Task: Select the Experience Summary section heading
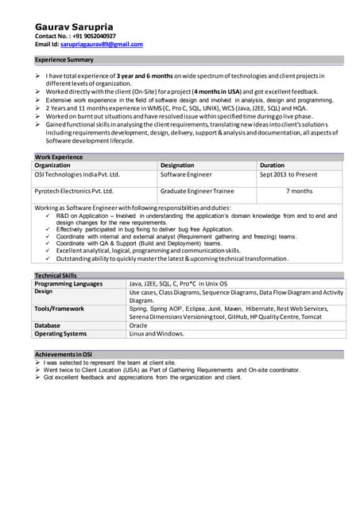click(x=64, y=60)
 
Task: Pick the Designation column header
click(x=182, y=165)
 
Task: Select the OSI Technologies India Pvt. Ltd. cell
click(x=76, y=174)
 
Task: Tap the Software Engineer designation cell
click(x=186, y=174)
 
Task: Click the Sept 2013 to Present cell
click(x=288, y=174)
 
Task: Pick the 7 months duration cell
click(x=299, y=191)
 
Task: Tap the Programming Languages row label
click(x=68, y=283)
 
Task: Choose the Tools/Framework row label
click(x=60, y=309)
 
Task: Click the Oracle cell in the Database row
click(x=138, y=325)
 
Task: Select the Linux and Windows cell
click(x=157, y=333)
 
